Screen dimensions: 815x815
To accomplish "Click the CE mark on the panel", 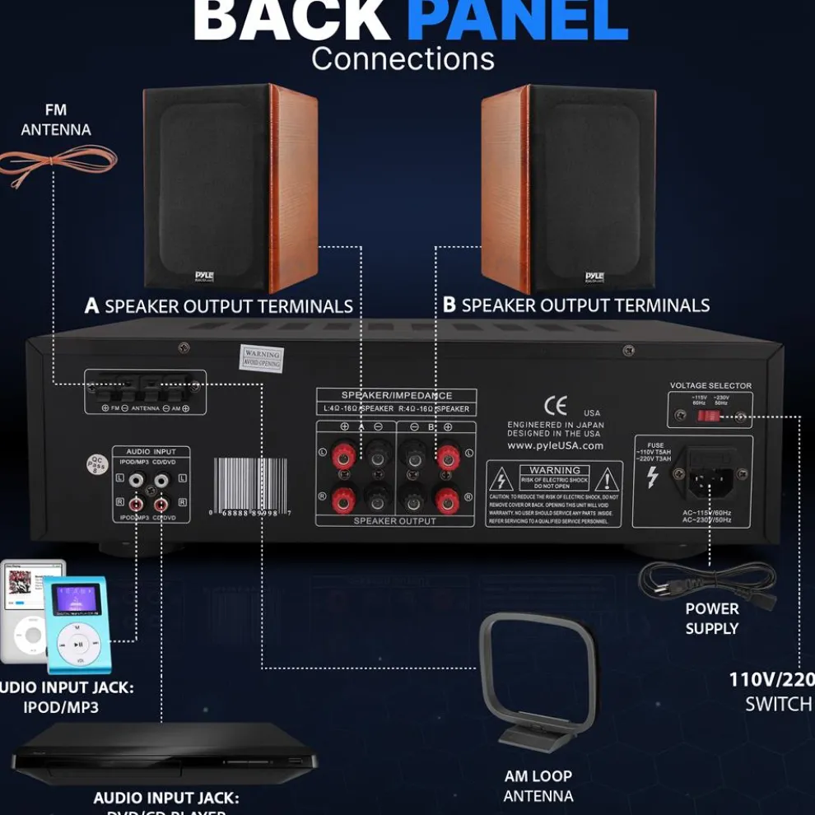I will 556,406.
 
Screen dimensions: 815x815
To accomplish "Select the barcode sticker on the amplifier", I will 252,485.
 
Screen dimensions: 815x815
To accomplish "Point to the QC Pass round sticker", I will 97,464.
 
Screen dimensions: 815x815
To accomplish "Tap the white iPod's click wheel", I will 30,636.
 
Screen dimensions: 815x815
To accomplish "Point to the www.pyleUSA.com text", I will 555,445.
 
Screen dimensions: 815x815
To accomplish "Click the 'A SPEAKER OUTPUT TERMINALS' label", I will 219,306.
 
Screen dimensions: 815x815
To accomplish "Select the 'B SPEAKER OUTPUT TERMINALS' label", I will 576,305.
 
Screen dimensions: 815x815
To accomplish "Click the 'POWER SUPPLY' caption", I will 712,618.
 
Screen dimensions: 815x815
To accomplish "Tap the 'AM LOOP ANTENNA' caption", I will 538,786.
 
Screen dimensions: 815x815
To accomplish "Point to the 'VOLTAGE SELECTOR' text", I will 710,385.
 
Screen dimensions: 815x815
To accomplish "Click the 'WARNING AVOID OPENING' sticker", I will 262,358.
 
